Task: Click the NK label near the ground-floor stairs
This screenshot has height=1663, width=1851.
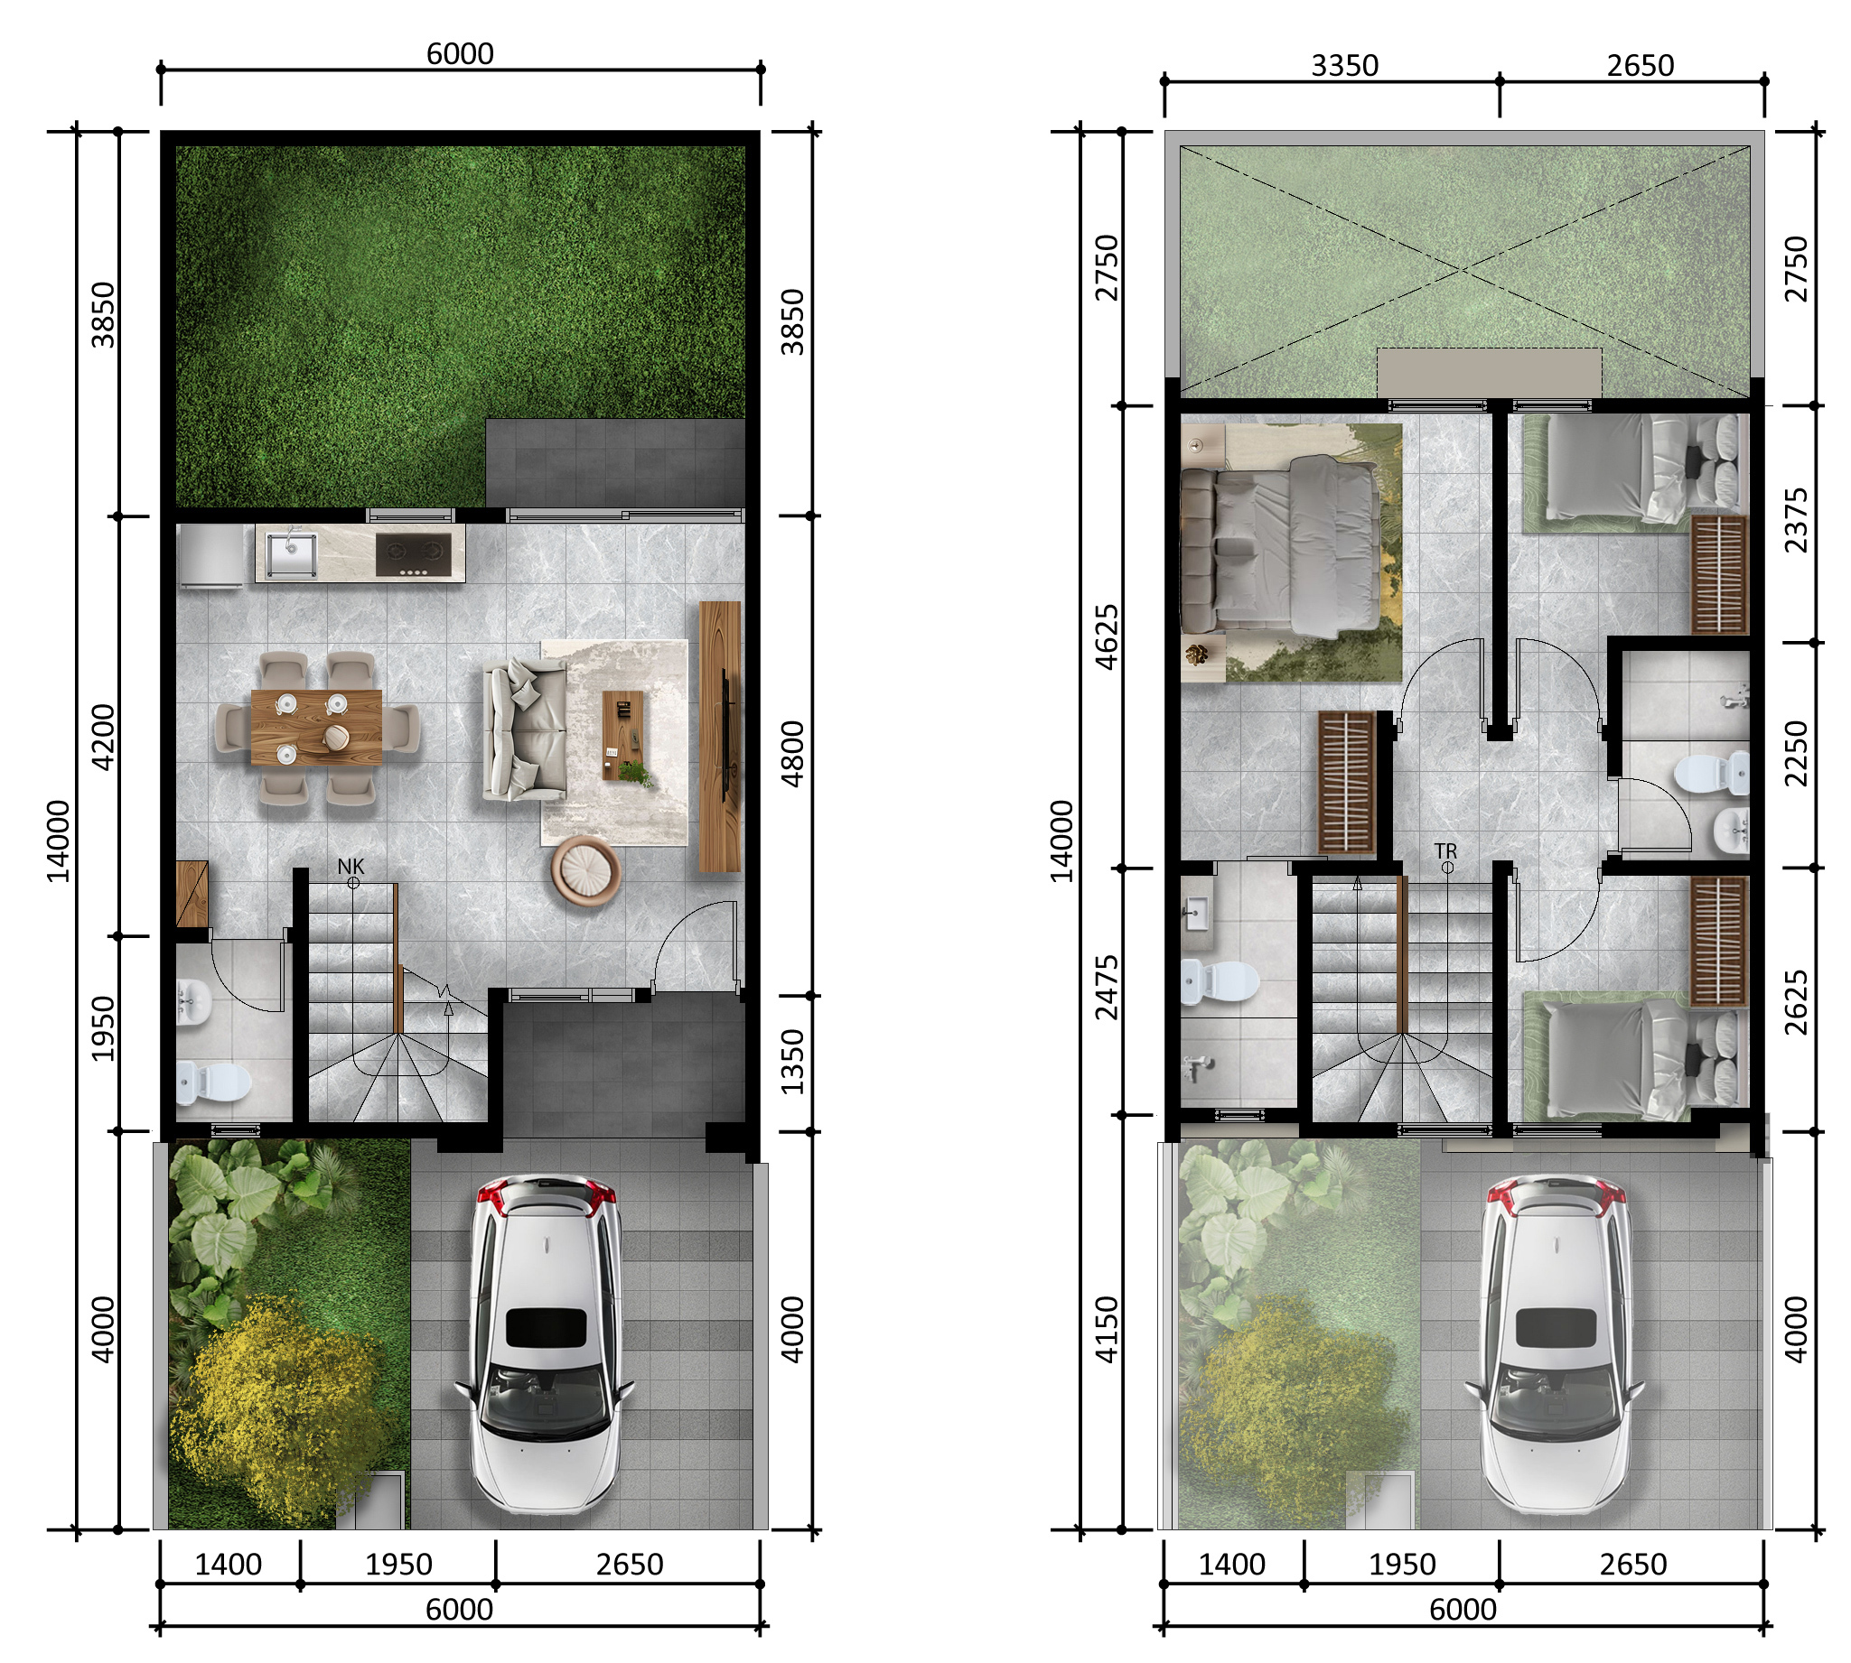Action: click(x=351, y=865)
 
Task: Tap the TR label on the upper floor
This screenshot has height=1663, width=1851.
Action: click(x=1445, y=850)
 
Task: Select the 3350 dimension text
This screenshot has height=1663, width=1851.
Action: click(x=1344, y=66)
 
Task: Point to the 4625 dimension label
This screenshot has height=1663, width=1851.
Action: click(x=1106, y=636)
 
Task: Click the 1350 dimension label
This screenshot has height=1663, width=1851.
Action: click(x=791, y=1062)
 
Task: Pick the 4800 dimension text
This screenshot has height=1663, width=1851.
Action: click(x=791, y=754)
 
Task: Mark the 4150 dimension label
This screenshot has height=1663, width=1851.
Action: click(x=1106, y=1330)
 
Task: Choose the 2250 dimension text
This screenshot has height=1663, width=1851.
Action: click(x=1795, y=754)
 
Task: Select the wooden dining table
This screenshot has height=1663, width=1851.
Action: click(x=316, y=728)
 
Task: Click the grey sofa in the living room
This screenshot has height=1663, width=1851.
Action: click(x=525, y=729)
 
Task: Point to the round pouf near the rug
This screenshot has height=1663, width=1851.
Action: click(x=585, y=871)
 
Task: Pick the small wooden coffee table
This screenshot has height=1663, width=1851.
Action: click(x=622, y=735)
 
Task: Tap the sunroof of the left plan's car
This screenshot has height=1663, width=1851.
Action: click(x=547, y=1328)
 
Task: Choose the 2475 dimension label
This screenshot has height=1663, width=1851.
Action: click(x=1106, y=987)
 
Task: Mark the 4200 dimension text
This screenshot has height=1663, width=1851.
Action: click(x=102, y=737)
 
